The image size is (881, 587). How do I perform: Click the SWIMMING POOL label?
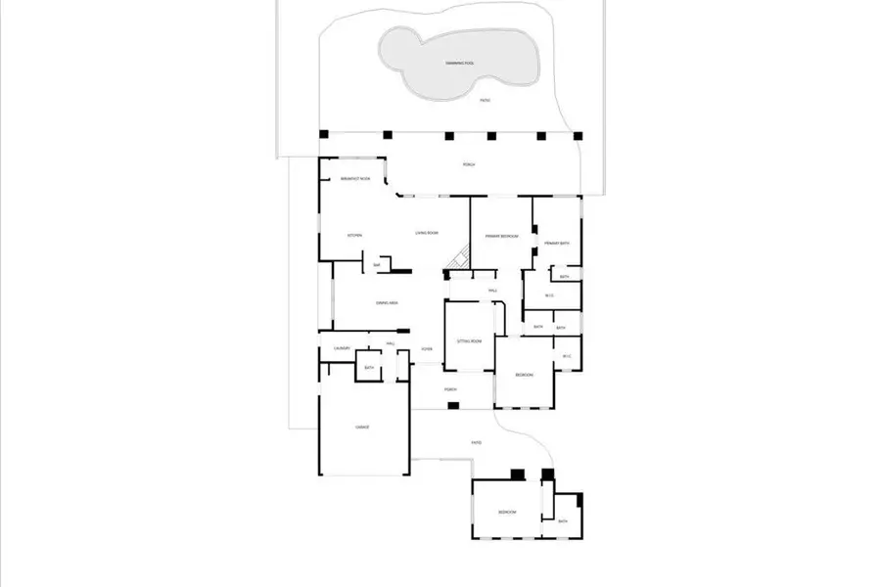(x=459, y=64)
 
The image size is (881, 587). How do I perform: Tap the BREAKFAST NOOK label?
(x=355, y=180)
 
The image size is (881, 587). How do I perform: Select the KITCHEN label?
(x=355, y=236)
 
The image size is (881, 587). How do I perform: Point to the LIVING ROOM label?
(x=426, y=233)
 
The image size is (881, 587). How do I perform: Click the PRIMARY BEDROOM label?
(x=501, y=236)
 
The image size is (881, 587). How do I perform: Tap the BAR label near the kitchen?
(x=376, y=265)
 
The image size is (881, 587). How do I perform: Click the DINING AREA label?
(x=387, y=303)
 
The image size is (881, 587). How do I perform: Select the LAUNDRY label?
(x=342, y=348)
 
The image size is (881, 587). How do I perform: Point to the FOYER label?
(x=427, y=349)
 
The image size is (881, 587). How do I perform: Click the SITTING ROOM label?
(x=470, y=340)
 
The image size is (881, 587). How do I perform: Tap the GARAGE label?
(x=362, y=428)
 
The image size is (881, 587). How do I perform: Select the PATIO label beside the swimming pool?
(x=484, y=101)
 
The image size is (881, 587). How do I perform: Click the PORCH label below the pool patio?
(x=469, y=164)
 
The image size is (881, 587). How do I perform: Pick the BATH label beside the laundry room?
(x=369, y=368)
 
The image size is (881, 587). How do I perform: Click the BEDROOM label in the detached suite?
(x=506, y=512)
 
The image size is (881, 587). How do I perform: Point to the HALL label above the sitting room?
(x=493, y=291)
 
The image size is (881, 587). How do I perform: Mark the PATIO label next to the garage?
(x=476, y=443)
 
